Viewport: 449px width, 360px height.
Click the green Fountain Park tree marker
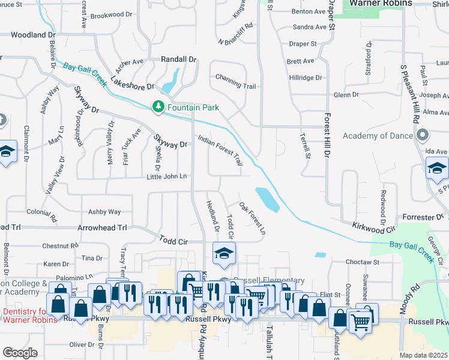158,107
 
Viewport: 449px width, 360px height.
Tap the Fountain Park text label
193,107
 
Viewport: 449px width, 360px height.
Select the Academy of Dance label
377,136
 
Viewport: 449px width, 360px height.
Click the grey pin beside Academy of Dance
423,135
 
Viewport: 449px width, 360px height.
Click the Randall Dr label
179,60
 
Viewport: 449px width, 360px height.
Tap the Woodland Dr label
34,35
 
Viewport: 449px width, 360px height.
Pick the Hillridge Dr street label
305,78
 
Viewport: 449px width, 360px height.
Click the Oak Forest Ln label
252,218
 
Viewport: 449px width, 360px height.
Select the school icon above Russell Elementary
223,253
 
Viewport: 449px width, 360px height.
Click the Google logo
20,353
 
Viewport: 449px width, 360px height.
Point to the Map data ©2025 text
424,355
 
